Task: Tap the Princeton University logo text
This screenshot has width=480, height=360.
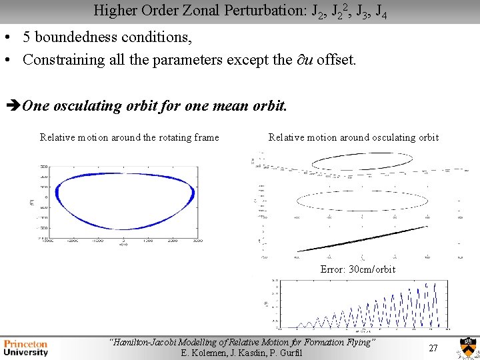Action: click(26, 347)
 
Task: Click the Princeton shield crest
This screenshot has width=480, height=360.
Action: click(467, 348)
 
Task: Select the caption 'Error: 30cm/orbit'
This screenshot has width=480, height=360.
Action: click(357, 269)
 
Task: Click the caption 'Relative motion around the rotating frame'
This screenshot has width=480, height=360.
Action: click(129, 137)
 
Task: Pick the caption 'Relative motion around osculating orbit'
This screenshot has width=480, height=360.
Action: click(353, 137)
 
